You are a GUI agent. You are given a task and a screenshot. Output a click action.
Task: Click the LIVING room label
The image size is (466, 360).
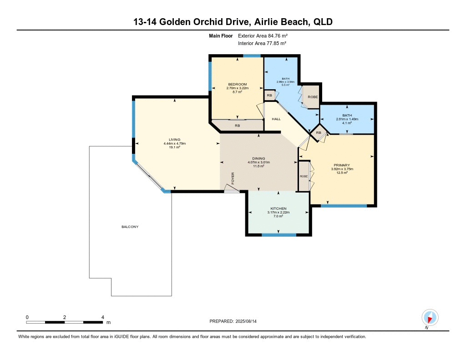(x=175, y=140)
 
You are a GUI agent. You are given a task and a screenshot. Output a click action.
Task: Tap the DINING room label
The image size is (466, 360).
(x=258, y=158)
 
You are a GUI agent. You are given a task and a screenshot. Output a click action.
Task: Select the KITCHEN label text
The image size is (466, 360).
(x=278, y=208)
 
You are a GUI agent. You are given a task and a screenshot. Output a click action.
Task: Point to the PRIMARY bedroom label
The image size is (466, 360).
(x=341, y=165)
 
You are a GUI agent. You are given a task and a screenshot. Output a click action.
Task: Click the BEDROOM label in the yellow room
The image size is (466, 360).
(x=237, y=84)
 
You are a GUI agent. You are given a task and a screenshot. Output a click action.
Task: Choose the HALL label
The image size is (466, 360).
(x=276, y=119)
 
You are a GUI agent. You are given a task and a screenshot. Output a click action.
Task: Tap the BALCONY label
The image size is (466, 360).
(x=130, y=227)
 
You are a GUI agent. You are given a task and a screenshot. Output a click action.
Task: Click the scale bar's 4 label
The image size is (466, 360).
(x=103, y=317)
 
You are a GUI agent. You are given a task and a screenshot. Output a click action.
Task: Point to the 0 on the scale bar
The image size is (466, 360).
(x=27, y=317)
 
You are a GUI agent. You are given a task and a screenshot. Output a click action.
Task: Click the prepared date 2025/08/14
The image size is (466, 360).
(x=249, y=321)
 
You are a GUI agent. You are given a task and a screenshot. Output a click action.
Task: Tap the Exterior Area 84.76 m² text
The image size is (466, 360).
(x=263, y=35)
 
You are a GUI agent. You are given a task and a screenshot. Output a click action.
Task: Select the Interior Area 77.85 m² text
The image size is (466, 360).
(x=262, y=43)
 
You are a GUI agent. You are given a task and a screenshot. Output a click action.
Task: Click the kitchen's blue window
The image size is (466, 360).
(x=279, y=235)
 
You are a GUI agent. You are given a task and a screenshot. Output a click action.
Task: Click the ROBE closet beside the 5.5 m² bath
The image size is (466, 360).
(x=313, y=97)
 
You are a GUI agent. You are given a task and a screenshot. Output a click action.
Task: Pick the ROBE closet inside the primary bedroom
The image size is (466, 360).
(x=304, y=176)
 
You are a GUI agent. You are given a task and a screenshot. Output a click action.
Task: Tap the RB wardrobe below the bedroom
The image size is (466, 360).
(x=238, y=126)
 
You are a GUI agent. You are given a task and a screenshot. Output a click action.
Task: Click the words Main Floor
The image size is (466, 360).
(x=221, y=35)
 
